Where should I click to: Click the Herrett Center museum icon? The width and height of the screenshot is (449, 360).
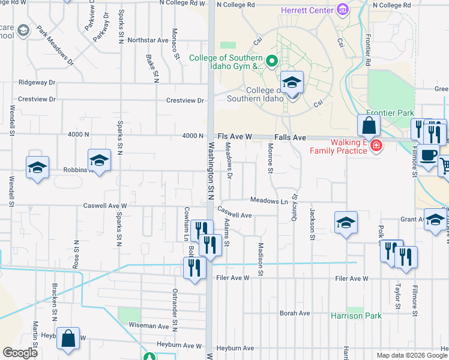tap(343, 10)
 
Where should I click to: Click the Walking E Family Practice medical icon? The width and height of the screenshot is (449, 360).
tap(376, 145)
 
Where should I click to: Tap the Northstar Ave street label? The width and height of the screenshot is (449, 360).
tap(143, 41)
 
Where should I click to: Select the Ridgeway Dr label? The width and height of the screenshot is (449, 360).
tap(37, 82)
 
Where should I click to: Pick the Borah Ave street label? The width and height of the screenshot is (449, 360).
tap(295, 313)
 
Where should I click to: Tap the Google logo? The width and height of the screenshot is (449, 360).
tap(20, 353)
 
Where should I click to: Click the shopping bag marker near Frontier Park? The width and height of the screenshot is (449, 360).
tap(369, 126)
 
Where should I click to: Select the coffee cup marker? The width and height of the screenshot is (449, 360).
tap(428, 155)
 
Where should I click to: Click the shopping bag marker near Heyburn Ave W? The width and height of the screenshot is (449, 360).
tap(68, 338)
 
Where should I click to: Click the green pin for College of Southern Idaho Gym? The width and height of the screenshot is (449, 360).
tap(271, 61)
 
